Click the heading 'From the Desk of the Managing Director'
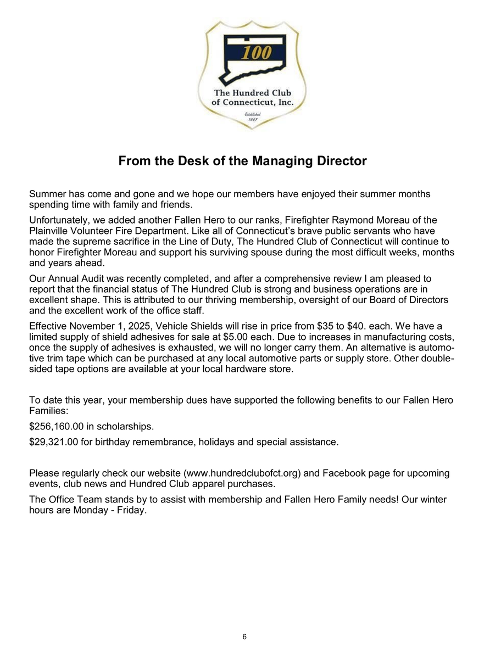tap(242, 161)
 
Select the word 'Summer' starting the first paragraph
tap(47, 194)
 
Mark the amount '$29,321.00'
tap(54, 442)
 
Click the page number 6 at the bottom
tap(244, 636)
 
